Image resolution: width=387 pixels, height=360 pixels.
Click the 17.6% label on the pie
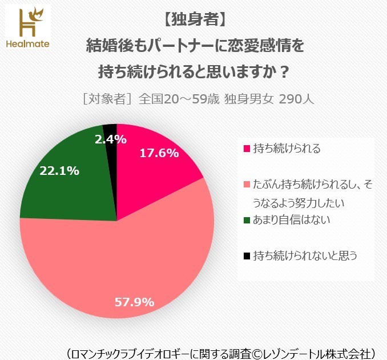coord(159,153)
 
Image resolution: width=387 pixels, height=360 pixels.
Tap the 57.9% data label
coord(134,302)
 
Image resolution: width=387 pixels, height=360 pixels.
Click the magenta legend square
coord(247,149)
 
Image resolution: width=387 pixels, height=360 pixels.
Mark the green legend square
coord(247,220)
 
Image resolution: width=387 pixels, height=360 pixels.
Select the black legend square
coord(247,256)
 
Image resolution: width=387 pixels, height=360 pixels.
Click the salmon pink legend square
coord(247,185)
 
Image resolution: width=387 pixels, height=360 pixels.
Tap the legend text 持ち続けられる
coord(287,149)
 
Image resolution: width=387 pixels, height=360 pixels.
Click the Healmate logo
coord(26,26)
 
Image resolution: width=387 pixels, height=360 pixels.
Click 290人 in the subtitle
coord(296,98)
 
